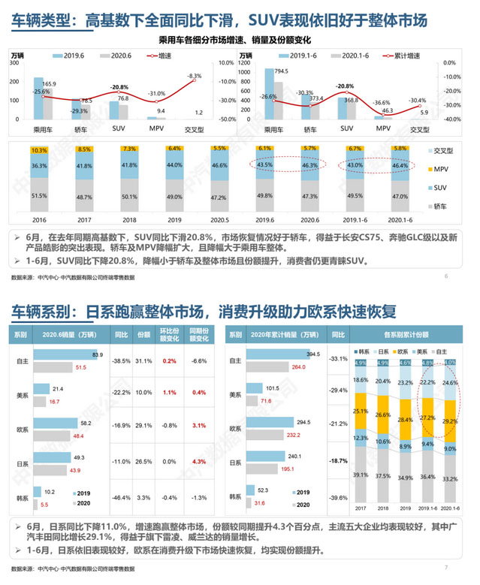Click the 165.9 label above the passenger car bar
pos(50,84)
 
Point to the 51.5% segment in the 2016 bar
pos(39,195)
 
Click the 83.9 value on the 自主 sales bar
pos(97,354)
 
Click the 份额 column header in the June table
pos(143,335)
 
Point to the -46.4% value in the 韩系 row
pos(116,498)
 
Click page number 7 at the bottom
pos(447,568)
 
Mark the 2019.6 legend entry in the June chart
pos(73,56)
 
